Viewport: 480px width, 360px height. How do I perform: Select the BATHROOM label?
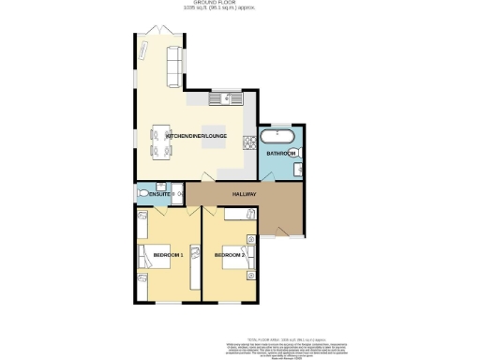[x=280, y=153]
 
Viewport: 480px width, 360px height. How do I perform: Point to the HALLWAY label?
[x=244, y=194]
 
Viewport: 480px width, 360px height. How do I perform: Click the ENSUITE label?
[x=149, y=194]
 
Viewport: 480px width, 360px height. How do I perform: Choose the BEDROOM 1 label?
[x=155, y=254]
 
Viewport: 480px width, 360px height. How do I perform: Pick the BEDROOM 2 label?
[x=230, y=254]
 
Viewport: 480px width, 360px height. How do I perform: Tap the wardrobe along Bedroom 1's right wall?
[x=195, y=266]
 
